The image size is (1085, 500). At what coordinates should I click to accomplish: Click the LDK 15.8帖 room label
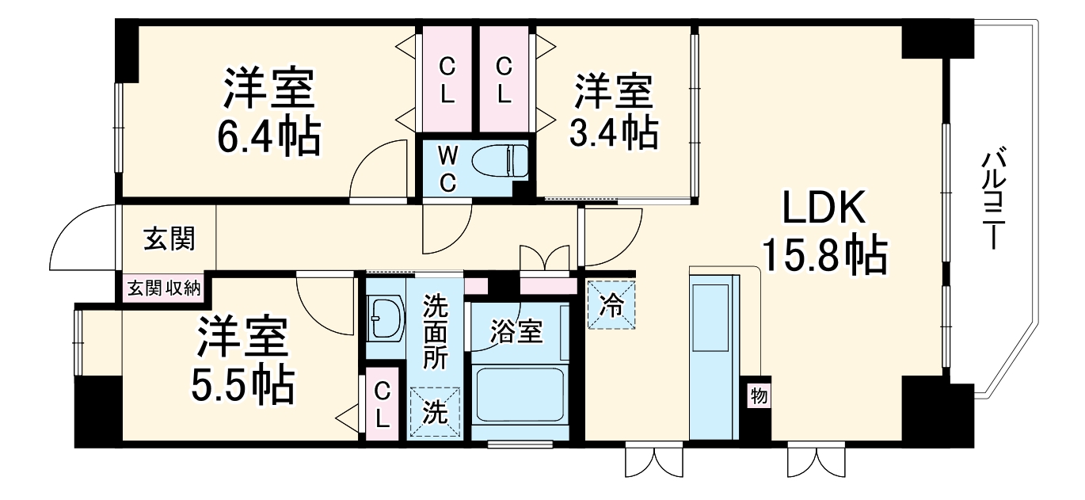pos(825,231)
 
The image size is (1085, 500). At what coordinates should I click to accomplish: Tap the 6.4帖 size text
pos(268,136)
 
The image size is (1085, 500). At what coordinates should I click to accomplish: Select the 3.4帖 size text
pos(614,132)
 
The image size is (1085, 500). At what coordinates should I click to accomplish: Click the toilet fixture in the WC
pos(500,162)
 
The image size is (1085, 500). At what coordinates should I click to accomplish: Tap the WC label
pos(447,169)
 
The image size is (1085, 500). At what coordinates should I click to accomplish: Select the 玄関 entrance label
pos(169,239)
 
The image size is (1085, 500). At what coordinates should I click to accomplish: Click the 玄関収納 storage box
pos(164,289)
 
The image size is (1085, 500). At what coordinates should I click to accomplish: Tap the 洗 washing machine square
pos(435,412)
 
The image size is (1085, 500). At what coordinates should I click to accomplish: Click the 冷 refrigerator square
pos(611,306)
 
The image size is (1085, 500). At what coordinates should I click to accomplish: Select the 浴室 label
pos(516,332)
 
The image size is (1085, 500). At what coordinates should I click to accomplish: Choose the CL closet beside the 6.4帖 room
pos(447,79)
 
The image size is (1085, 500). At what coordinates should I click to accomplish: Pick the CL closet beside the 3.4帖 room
pos(504,79)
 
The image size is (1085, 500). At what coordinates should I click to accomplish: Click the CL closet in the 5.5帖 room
pos(383,404)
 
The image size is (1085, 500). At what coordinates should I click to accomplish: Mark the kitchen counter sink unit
pos(714,357)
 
